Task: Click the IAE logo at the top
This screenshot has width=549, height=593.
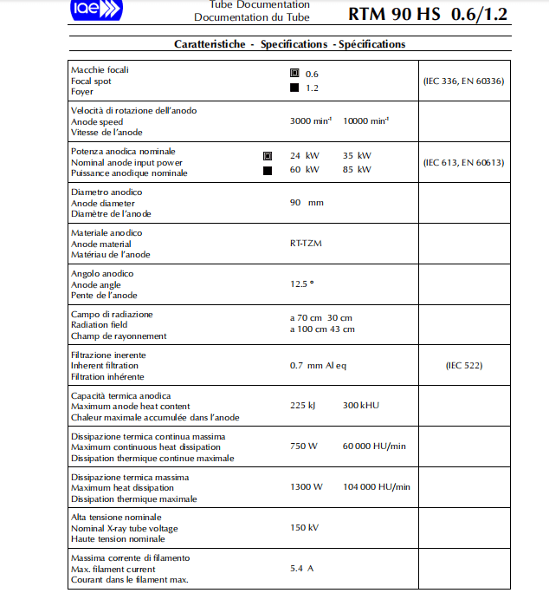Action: pyautogui.click(x=96, y=10)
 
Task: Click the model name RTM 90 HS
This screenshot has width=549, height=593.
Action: pyautogui.click(x=395, y=15)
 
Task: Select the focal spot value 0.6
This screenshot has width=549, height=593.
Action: pyautogui.click(x=312, y=74)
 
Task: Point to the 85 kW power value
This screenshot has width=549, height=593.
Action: pyautogui.click(x=357, y=170)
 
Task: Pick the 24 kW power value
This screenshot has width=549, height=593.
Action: pyautogui.click(x=305, y=156)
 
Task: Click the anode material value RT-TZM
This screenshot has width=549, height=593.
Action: pyautogui.click(x=306, y=244)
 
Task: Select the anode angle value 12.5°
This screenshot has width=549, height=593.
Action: pyautogui.click(x=302, y=283)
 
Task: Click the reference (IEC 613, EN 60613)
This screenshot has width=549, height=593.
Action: pyautogui.click(x=463, y=162)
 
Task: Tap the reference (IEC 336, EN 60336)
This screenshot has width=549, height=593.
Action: pyautogui.click(x=463, y=81)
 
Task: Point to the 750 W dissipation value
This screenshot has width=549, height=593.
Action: pyautogui.click(x=304, y=446)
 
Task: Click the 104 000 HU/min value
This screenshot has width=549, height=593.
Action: pyautogui.click(x=377, y=487)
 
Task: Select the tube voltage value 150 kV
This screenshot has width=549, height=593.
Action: pyautogui.click(x=304, y=528)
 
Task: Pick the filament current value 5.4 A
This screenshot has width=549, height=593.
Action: pyautogui.click(x=302, y=569)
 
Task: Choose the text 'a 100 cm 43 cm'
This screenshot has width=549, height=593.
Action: pyautogui.click(x=322, y=329)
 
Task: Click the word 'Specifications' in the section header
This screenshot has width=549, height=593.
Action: pyautogui.click(x=294, y=44)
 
